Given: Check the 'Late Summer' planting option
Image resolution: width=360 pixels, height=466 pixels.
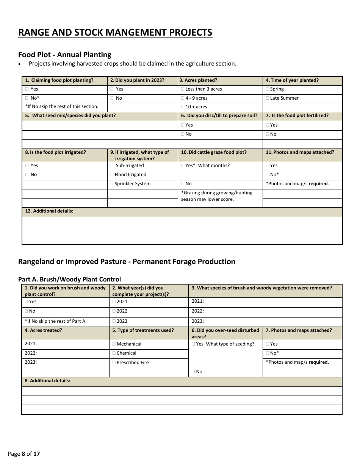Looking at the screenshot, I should click(x=268, y=98).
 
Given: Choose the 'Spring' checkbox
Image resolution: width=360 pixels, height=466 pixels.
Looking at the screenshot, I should click(x=268, y=89).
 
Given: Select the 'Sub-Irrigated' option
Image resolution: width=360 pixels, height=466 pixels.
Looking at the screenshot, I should click(x=112, y=166).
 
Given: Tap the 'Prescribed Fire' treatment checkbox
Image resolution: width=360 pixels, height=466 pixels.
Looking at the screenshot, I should click(x=114, y=363).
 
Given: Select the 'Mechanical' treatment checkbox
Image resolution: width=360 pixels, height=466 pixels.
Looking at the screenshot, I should click(x=114, y=344).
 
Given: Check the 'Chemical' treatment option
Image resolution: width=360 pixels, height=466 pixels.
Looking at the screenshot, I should click(x=114, y=353).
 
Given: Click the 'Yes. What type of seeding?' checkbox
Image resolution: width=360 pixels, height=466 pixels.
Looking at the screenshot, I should click(x=193, y=344).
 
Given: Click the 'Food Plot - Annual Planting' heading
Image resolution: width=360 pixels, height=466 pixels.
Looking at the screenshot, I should click(x=65, y=55).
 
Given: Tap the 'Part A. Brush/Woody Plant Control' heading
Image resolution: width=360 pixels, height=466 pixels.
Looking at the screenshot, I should click(x=69, y=279).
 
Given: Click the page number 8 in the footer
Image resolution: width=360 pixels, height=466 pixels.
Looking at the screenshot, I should click(x=23, y=453).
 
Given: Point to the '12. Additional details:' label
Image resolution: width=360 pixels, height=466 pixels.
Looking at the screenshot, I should click(x=49, y=211).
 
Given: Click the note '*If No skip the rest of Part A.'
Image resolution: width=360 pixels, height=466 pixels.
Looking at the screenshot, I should click(x=56, y=321).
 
